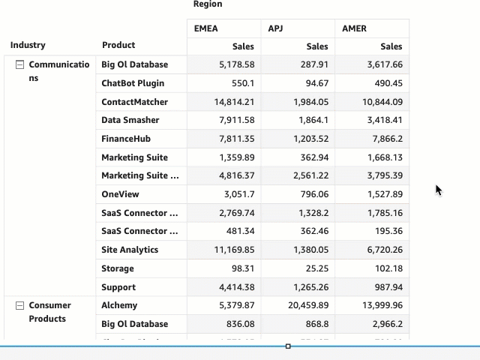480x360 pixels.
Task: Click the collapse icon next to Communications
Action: tap(20, 65)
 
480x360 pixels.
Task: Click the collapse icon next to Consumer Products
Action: tap(20, 306)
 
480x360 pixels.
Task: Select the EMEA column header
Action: tap(205, 28)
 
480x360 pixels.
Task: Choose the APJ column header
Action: tap(276, 28)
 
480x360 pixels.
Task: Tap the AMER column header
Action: tap(354, 28)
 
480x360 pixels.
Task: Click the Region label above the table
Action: tap(208, 4)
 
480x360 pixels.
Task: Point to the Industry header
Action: tap(28, 46)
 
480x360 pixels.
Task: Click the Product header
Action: tap(118, 46)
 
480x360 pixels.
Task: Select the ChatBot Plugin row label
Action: tap(133, 83)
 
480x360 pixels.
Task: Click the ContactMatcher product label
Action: tap(135, 102)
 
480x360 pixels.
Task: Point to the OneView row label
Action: tap(121, 194)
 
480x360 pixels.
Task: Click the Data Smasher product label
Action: tap(130, 120)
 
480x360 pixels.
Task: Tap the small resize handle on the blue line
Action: tap(288, 346)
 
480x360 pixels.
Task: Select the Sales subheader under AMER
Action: tap(391, 46)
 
